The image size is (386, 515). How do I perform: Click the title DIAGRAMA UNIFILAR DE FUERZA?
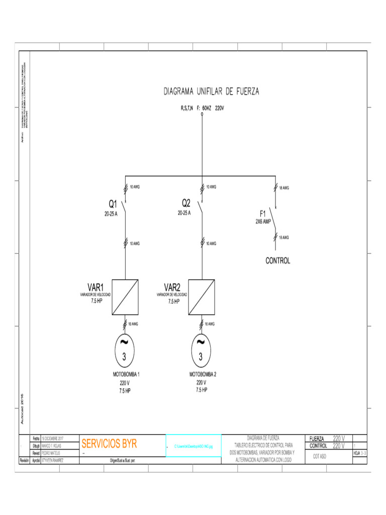coord(211,92)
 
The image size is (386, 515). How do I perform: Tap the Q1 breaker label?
coord(113,204)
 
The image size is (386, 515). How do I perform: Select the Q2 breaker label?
coord(186,203)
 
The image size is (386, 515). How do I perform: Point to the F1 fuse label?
coord(263,213)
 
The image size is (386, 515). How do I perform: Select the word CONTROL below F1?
coord(278,261)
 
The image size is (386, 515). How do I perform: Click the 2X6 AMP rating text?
coord(264,221)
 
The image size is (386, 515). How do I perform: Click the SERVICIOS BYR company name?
coord(109,444)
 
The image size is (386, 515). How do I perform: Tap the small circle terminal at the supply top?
coord(202,115)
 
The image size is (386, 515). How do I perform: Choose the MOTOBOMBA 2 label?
coord(203,375)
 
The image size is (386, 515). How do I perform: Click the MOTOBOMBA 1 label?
coord(126,375)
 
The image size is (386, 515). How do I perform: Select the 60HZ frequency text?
coord(207,108)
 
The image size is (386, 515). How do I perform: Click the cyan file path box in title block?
coord(194,446)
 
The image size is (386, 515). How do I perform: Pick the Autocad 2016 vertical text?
coord(22,408)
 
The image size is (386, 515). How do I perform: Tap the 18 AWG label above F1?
coord(284,188)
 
